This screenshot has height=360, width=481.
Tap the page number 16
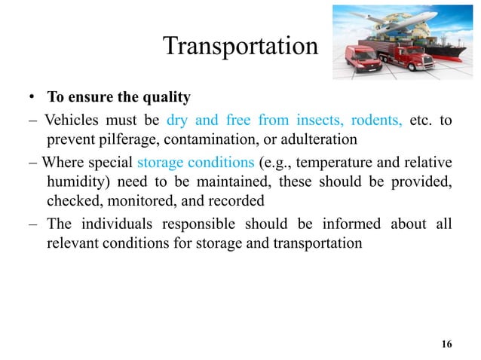tap(446, 344)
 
